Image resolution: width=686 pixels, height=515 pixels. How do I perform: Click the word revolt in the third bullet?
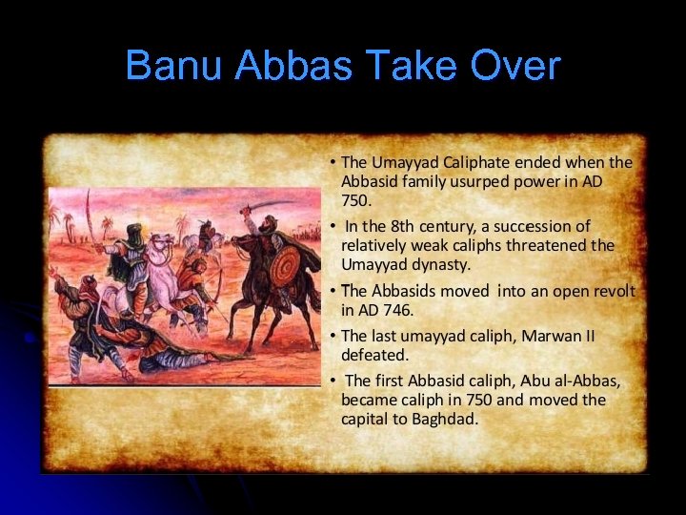tap(614, 291)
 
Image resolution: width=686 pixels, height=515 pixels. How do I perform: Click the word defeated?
tap(374, 355)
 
